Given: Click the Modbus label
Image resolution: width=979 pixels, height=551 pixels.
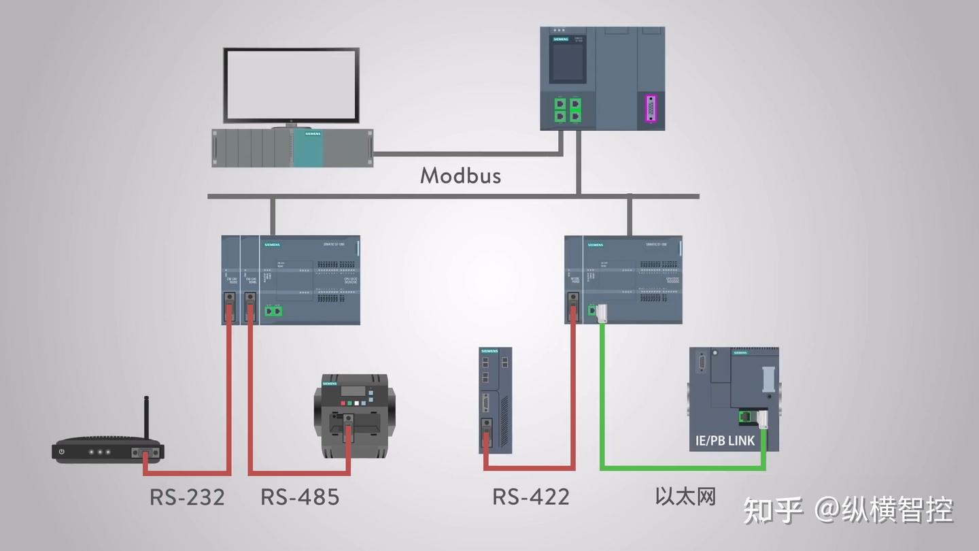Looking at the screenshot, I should [460, 176].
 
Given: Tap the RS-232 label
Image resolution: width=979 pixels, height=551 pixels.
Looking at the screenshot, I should [187, 497].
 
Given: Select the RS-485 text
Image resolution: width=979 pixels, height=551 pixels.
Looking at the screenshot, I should [300, 497].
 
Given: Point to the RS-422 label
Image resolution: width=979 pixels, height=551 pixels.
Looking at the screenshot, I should [530, 497].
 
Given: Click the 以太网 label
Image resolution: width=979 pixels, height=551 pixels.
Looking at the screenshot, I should [685, 496].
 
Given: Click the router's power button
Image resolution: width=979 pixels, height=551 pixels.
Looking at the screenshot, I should [62, 451].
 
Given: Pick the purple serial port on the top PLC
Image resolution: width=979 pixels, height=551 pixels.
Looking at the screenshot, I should [652, 110].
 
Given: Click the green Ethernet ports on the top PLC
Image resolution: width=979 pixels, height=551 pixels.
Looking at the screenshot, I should [568, 110].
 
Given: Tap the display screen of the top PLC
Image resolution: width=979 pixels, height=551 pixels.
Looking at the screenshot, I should [568, 63].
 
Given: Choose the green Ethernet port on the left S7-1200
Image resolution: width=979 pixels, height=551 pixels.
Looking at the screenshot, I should [273, 311].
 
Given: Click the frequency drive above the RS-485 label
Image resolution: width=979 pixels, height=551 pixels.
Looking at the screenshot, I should [350, 415].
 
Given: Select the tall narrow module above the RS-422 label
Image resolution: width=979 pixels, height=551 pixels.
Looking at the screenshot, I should [495, 400].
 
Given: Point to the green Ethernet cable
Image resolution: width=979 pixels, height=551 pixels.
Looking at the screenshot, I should [680, 467].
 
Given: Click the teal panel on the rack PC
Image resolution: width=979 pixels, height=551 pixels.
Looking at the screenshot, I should [308, 148].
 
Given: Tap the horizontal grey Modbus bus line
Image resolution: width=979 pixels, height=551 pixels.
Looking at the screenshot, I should [408, 197].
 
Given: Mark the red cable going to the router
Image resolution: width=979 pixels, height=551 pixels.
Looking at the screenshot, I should [228, 408].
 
